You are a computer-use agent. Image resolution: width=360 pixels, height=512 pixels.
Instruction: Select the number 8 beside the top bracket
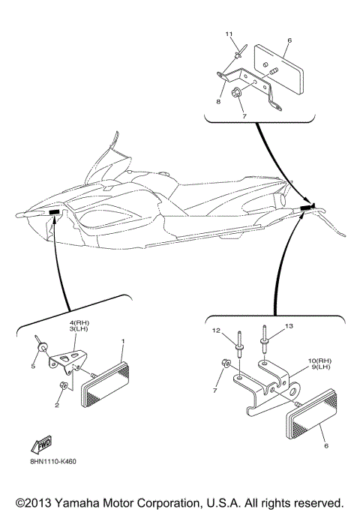point(218,102)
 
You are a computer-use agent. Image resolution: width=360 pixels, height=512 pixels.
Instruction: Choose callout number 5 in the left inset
point(33,367)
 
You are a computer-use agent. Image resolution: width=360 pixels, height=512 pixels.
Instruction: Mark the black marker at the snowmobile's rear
point(305,207)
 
